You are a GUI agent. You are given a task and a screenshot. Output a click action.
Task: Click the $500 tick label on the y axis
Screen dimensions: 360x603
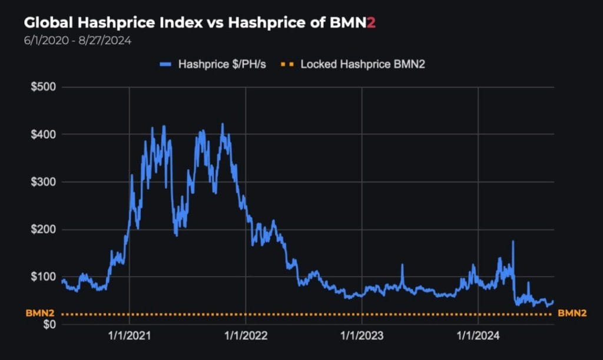(x=44, y=87)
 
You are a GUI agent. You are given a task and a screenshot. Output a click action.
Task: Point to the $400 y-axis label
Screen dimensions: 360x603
(x=44, y=134)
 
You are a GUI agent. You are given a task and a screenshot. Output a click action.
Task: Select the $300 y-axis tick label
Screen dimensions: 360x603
(x=44, y=182)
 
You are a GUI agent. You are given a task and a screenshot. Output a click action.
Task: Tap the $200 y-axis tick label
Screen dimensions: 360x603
(x=44, y=229)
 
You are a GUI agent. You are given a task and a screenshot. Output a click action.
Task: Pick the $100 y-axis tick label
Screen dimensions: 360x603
(x=44, y=277)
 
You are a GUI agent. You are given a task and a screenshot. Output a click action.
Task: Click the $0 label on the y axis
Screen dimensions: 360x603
(x=49, y=325)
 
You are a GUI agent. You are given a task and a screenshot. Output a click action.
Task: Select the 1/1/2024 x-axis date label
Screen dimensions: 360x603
(x=478, y=336)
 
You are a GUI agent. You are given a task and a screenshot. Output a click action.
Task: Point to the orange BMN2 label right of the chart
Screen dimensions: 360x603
(x=572, y=313)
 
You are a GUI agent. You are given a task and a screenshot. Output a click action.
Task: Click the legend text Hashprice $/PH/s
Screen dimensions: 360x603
(x=222, y=64)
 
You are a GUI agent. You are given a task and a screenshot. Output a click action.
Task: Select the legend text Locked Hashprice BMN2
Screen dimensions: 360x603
(x=363, y=64)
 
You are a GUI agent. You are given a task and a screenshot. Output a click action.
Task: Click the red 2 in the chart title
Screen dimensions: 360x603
(x=371, y=22)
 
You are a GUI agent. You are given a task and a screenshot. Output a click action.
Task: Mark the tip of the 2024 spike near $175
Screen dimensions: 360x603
(x=513, y=241)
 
